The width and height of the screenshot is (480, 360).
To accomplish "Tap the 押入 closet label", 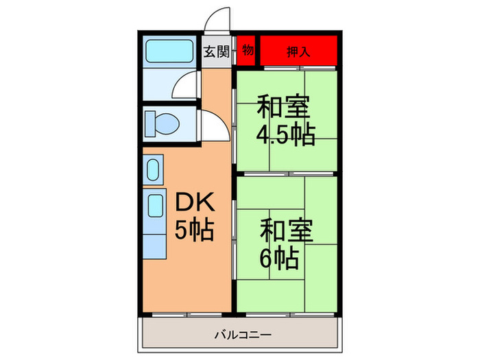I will coord(298,51).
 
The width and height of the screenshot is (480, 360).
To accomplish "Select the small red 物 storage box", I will coord(247,51).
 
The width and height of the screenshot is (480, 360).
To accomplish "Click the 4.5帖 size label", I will coord(285,134).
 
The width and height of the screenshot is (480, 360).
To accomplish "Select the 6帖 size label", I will coord(278,259).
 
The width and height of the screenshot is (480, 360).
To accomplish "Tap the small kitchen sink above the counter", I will coord(154,168).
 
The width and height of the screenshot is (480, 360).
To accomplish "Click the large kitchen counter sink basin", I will coord(156,206).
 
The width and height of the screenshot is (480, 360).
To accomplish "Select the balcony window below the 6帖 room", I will coord(287,314).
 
